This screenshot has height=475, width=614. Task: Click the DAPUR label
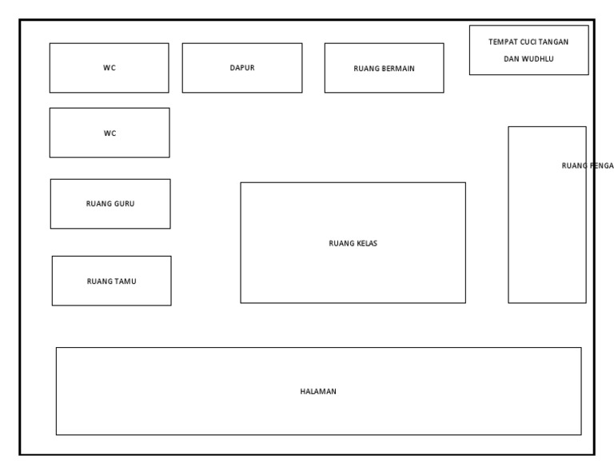[x=242, y=68]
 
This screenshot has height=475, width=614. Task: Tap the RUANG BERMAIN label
[x=384, y=69]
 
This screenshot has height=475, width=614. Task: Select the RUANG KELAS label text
[x=353, y=244]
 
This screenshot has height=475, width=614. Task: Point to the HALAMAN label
[x=318, y=392]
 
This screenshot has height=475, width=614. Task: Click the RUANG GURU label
[x=110, y=204]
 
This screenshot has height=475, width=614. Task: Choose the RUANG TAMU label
[x=111, y=281]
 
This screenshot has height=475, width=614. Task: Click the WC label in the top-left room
[x=110, y=68]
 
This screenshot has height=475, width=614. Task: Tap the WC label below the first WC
[x=110, y=134]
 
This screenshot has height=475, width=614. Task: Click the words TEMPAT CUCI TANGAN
[x=528, y=42]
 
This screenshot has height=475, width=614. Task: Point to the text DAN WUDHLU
[x=528, y=59]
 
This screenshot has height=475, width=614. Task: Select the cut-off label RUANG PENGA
[x=587, y=166]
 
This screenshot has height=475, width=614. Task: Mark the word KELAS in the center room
[x=366, y=244]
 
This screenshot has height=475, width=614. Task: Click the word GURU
[x=124, y=204]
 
